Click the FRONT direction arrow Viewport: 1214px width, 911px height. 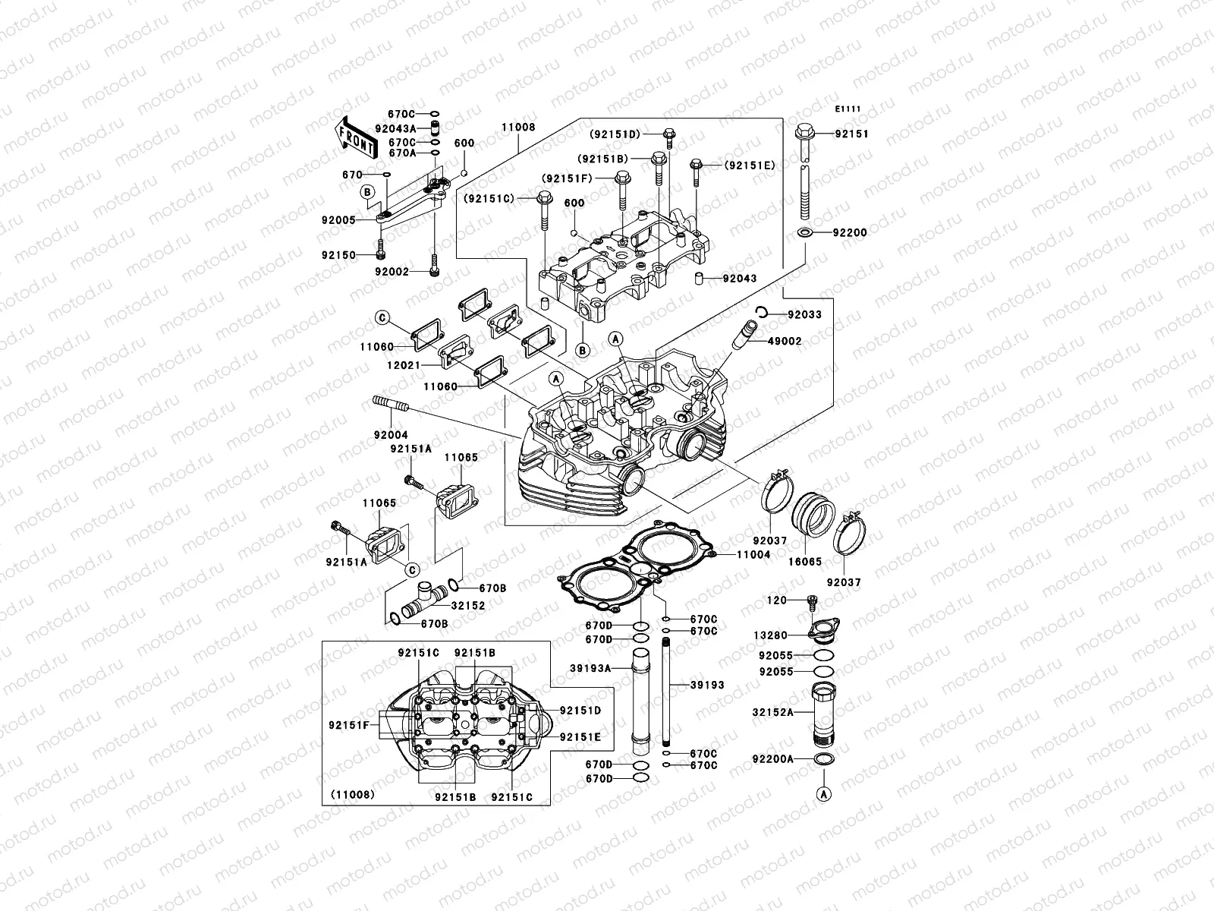[357, 136]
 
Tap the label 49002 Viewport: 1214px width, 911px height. [784, 342]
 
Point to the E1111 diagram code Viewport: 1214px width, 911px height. [848, 109]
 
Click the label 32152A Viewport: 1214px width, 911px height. [772, 712]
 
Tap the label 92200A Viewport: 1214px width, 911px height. [772, 758]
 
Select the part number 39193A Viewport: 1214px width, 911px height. [590, 668]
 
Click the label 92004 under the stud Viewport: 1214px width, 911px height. [390, 435]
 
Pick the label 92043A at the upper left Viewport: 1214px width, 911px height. [395, 128]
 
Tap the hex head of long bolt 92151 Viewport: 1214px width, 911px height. [806, 134]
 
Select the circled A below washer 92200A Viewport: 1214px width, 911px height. [822, 794]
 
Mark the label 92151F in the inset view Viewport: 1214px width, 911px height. [348, 725]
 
